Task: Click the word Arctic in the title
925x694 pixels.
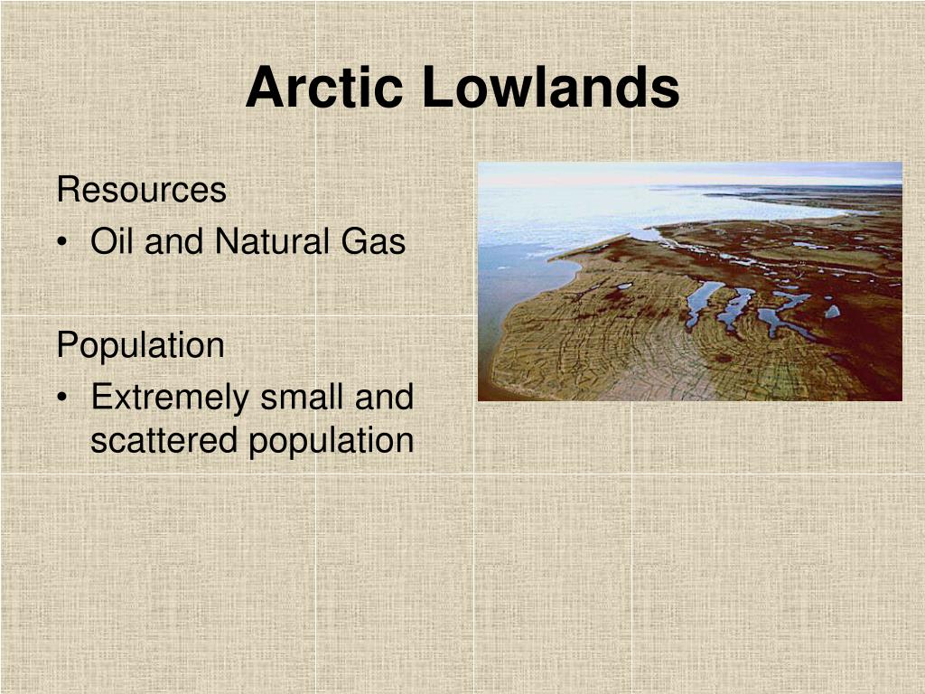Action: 324,87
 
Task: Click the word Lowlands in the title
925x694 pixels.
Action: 551,87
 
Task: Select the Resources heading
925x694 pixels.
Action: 142,190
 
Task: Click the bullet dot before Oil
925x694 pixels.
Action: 62,242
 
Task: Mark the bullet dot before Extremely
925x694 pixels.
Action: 62,398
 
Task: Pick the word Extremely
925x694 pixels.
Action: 170,398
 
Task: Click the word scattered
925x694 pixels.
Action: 164,440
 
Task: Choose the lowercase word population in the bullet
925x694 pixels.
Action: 331,442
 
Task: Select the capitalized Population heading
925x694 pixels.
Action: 140,346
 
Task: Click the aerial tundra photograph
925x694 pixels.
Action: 689,282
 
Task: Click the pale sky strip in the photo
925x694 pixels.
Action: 689,173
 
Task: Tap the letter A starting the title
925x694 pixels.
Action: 266,87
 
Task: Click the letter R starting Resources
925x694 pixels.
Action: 69,190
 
